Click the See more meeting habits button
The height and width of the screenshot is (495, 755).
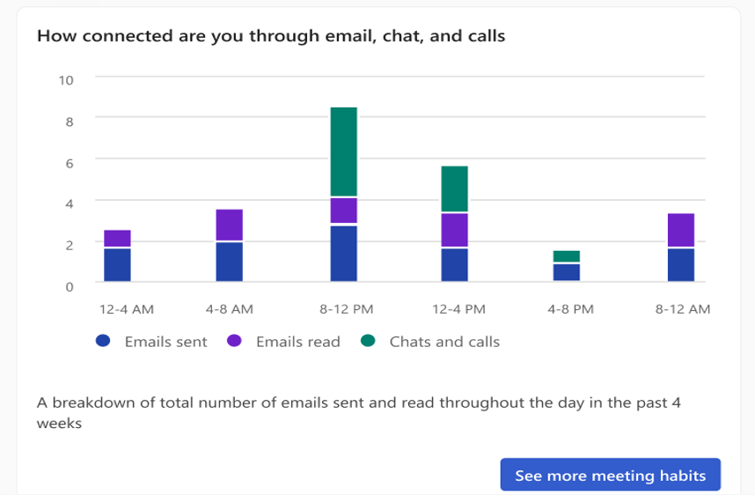[x=610, y=476]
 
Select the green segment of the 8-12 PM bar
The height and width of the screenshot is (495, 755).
[x=343, y=151]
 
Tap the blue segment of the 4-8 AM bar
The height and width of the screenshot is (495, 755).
[x=230, y=261]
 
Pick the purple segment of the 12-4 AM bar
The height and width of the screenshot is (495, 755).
[x=117, y=239]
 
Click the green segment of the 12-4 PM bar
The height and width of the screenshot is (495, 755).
[x=454, y=188]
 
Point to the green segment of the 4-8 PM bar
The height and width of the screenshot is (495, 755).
[x=567, y=256]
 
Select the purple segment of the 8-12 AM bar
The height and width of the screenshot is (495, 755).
[x=680, y=230]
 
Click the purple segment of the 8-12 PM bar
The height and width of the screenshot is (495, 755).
[x=343, y=211]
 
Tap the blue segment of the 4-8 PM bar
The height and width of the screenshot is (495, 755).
[x=567, y=271]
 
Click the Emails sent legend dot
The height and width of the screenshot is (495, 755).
[x=103, y=341]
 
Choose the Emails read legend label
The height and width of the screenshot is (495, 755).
[x=297, y=342]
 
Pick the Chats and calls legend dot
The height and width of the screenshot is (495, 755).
[x=368, y=341]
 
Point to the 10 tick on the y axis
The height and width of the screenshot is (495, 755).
[x=65, y=79]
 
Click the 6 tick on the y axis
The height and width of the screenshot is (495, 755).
[x=69, y=162]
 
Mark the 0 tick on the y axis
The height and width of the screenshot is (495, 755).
[x=69, y=285]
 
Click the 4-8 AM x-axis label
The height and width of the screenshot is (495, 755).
[x=230, y=309]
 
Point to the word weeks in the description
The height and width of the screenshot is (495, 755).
[x=59, y=423]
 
